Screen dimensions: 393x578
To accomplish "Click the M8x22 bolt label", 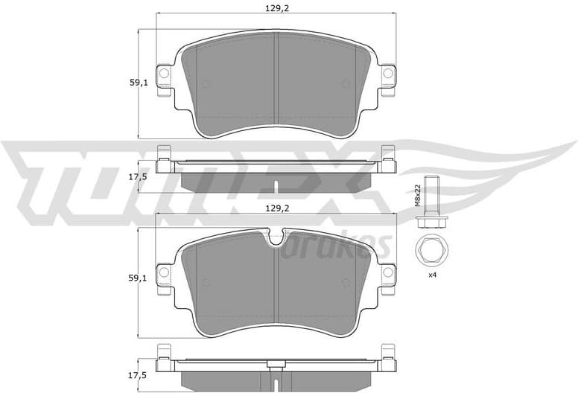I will click(418, 195).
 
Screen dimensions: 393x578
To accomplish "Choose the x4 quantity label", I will click(431, 275).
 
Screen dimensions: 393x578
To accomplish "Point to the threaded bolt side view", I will click(430, 201).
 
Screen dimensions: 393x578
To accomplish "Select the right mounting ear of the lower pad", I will click(387, 274).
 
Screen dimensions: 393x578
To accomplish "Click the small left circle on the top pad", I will click(207, 83).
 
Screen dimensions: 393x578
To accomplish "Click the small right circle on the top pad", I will click(346, 83).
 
